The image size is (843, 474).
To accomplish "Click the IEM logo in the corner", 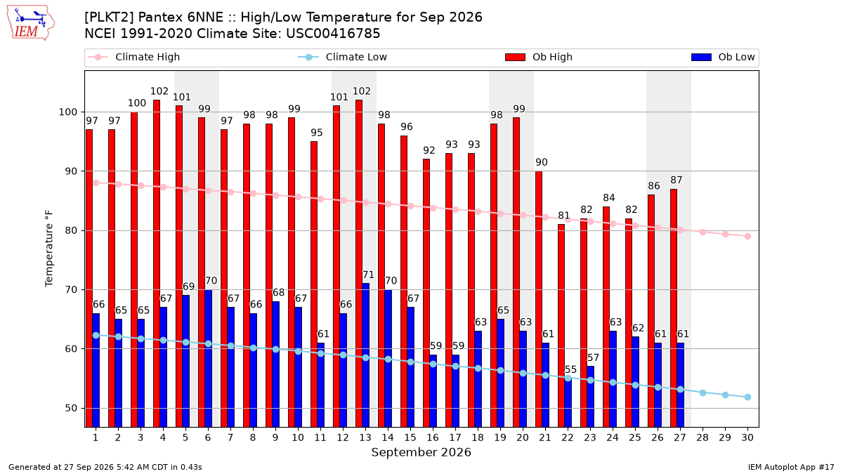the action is click(x=31, y=23).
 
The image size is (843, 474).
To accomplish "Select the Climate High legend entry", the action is click(x=133, y=57).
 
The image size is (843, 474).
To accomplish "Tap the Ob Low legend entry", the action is click(x=723, y=57).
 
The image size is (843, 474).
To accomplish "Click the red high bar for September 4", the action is click(x=157, y=263).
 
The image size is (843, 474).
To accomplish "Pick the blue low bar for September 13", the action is click(x=365, y=355).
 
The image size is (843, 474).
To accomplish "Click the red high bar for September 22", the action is click(x=561, y=326).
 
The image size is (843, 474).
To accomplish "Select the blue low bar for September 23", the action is click(x=591, y=397).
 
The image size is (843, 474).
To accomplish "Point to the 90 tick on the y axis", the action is click(x=71, y=171).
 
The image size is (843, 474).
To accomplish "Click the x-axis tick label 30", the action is click(x=747, y=437).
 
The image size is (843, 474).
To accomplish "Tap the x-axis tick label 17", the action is click(x=455, y=437).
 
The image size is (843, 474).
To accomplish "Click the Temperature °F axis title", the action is click(x=49, y=249).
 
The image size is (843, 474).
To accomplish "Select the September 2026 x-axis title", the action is click(x=421, y=452).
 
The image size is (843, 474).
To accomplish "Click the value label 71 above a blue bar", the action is click(x=368, y=275).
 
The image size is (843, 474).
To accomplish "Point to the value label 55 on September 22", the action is click(x=571, y=369).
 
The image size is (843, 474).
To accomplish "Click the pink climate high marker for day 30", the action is click(x=747, y=236).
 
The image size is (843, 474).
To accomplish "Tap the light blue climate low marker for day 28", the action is click(x=702, y=393).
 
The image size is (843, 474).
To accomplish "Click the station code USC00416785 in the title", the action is click(x=333, y=34).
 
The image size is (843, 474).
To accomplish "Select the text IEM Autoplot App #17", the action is click(x=791, y=467).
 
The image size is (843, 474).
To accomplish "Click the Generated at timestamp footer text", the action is click(x=105, y=467).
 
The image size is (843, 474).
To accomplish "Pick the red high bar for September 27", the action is click(x=674, y=308).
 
